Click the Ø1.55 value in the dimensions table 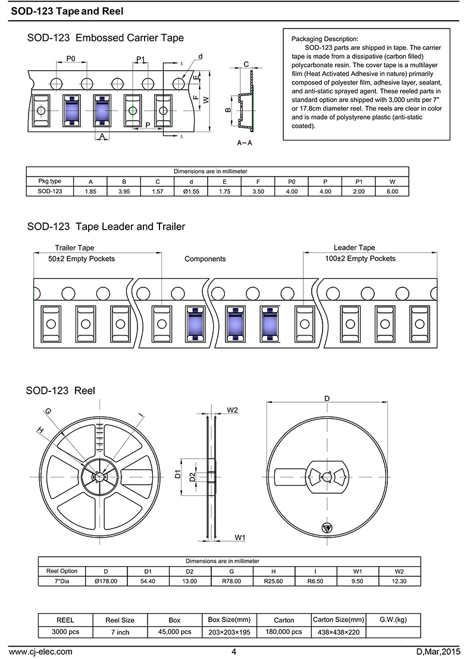pos(191,192)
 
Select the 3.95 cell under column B pos(124,192)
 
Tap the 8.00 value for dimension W pos(392,192)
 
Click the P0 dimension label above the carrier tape pos(71,58)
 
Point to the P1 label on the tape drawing pos(141,58)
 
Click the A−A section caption pos(244,143)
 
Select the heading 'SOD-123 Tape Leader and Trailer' pos(106,227)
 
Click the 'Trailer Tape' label pos(74,247)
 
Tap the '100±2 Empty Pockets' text pos(360,259)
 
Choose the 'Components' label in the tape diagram pos(205,259)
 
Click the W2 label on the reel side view pos(233,410)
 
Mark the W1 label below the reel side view pos(240,537)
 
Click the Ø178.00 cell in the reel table pos(106,581)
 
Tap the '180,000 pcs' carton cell pos(284,632)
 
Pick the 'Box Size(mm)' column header pos(229,620)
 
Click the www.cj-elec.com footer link pos(40,651)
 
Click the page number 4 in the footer pos(234,651)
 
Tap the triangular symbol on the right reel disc pos(326,528)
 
